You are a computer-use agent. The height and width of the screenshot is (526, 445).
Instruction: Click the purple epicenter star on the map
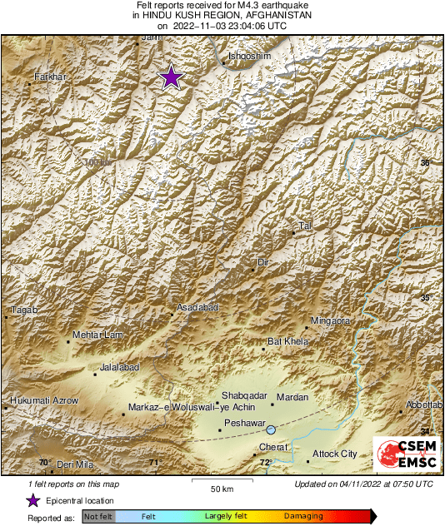pyautogui.click(x=171, y=77)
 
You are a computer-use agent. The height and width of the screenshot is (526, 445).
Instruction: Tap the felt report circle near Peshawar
pyautogui.click(x=271, y=429)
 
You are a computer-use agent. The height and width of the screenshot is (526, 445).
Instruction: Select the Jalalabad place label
pyautogui.click(x=118, y=367)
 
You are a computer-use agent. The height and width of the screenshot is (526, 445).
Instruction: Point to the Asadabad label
pyautogui.click(x=197, y=308)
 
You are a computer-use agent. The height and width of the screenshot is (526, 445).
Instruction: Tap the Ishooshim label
pyautogui.click(x=249, y=56)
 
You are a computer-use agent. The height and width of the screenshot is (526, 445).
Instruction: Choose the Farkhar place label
pyautogui.click(x=49, y=77)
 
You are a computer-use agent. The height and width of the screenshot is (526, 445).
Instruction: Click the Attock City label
pyautogui.click(x=333, y=454)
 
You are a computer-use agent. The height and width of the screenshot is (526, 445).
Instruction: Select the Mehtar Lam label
pyautogui.click(x=98, y=335)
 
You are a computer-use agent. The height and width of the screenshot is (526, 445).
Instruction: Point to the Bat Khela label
pyautogui.click(x=287, y=341)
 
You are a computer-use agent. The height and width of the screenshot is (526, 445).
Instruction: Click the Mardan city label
pyautogui.click(x=292, y=397)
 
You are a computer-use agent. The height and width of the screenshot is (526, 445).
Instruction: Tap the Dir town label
pyautogui.click(x=264, y=262)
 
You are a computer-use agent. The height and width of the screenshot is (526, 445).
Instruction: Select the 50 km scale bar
pyautogui.click(x=221, y=482)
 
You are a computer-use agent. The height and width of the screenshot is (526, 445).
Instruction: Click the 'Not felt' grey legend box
pyautogui.click(x=98, y=517)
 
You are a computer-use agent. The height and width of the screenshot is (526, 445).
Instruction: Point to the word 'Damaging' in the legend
pyautogui.click(x=303, y=517)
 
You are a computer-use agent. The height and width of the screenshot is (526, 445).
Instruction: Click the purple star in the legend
pyautogui.click(x=32, y=500)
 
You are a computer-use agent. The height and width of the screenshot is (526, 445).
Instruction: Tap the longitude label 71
pyautogui.click(x=152, y=463)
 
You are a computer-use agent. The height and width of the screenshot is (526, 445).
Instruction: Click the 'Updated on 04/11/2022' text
pyautogui.click(x=363, y=484)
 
